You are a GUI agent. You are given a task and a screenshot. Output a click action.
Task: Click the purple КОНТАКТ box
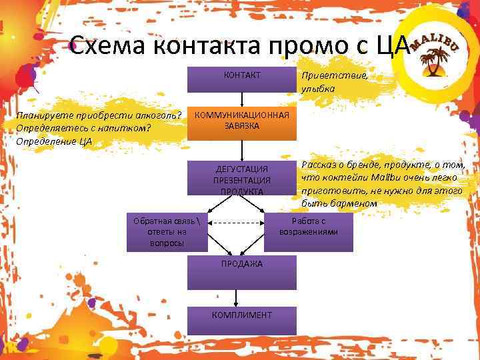pos(241,79)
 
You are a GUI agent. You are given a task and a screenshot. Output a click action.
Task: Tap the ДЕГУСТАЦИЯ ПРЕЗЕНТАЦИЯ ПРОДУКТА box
pos(241,179)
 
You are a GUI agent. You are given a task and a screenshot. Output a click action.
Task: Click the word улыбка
pos(318,89)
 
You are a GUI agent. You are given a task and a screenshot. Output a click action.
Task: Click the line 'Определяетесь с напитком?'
pos(85,127)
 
